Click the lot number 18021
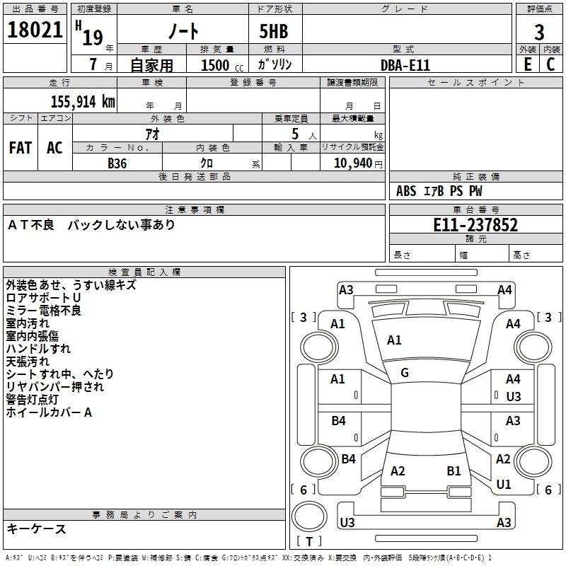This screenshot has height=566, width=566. (35, 30)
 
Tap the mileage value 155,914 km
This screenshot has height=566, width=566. (83, 101)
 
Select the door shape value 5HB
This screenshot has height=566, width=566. (274, 31)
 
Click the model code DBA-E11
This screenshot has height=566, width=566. (405, 65)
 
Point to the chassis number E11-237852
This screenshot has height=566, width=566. (475, 225)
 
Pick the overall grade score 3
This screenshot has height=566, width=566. (539, 33)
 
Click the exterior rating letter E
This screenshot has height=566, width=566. (527, 64)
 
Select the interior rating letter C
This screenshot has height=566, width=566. (550, 64)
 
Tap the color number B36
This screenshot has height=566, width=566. (117, 163)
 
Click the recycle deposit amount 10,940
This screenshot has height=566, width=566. (353, 163)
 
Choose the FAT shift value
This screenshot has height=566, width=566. (21, 148)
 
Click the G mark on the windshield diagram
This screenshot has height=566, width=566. (405, 372)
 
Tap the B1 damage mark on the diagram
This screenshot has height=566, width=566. (454, 470)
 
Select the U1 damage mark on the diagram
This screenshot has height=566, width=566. (504, 484)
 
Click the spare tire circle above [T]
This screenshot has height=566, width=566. (309, 516)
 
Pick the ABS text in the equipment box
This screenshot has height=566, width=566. (406, 191)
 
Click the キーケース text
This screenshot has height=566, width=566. (37, 529)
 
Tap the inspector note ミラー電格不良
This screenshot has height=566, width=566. (44, 311)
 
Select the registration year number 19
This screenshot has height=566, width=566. (93, 38)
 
